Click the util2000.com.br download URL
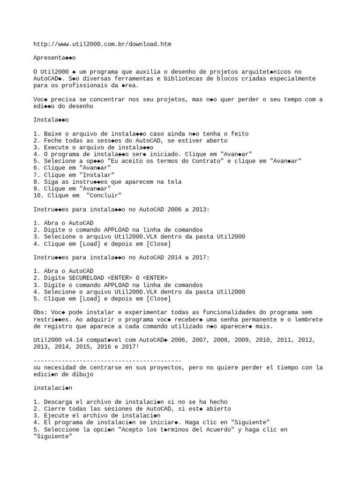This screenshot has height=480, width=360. click(x=102, y=45)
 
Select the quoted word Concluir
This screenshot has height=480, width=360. click(x=104, y=195)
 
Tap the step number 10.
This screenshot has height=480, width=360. click(x=37, y=195)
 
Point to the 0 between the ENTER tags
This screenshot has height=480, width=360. click(x=137, y=278)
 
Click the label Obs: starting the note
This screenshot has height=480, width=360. click(x=40, y=312)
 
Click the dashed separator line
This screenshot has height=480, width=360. click(x=107, y=360)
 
